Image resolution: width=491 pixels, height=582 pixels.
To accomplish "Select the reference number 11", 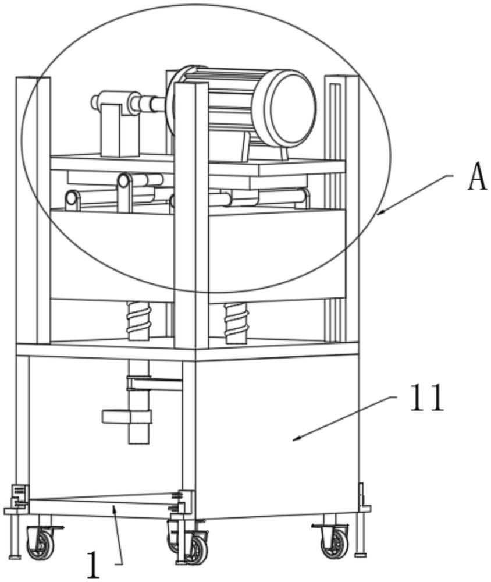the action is click(427, 398).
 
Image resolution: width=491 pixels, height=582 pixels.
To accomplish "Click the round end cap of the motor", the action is click(291, 107).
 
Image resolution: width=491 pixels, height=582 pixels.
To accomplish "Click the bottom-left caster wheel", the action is click(40, 542).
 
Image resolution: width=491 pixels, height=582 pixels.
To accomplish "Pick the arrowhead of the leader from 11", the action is click(297, 439).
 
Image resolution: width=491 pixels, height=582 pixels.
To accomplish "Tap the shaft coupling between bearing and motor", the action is click(148, 104).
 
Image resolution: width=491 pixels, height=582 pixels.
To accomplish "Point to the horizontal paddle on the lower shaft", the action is click(127, 417).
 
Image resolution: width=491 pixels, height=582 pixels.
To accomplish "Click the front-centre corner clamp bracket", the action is click(184, 502).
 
